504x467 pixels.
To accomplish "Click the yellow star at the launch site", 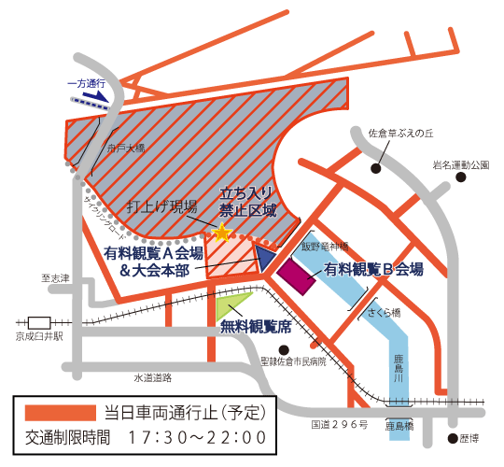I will click(x=222, y=232).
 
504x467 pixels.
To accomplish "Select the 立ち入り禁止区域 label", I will click(x=247, y=203).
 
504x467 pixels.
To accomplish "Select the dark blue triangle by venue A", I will click(x=266, y=257).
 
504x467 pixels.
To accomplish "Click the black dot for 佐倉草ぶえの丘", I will click(x=375, y=169).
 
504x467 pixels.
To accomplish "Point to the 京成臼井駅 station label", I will click(x=36, y=336).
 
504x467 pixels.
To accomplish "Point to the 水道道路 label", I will click(x=152, y=378).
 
